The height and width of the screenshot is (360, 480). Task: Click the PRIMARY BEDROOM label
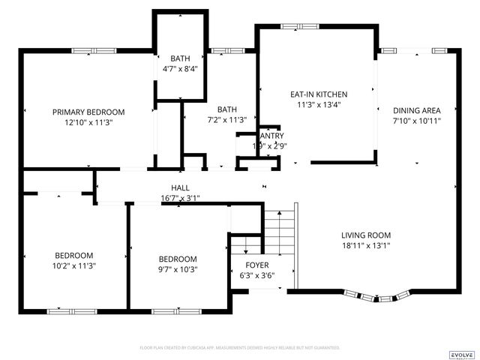click(x=88, y=112)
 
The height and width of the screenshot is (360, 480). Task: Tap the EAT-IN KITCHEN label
click(x=319, y=94)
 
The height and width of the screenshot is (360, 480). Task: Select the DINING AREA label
click(x=416, y=109)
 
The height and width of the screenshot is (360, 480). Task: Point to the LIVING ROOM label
click(x=366, y=234)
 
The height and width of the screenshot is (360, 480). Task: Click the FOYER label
click(x=258, y=265)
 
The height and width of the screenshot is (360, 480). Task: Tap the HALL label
click(x=180, y=187)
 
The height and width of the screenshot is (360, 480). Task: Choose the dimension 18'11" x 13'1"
click(x=366, y=244)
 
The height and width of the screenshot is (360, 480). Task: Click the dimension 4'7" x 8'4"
click(x=180, y=69)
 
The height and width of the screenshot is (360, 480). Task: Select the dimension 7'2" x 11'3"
click(x=226, y=119)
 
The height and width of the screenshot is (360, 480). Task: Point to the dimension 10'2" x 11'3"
click(x=73, y=265)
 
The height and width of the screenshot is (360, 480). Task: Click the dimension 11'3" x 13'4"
click(x=319, y=105)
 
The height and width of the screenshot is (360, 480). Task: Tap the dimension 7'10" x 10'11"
click(x=416, y=120)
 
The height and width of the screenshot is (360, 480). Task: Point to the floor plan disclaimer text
click(x=240, y=348)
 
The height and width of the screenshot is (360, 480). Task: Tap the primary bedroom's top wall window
click(x=94, y=50)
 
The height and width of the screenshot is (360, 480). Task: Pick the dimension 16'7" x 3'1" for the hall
click(x=180, y=198)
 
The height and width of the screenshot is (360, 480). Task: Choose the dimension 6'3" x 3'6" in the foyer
click(x=258, y=276)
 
